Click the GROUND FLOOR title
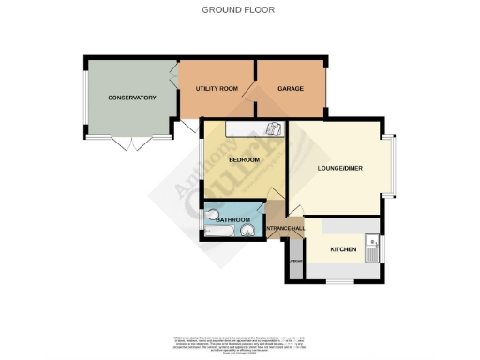pos(239,10)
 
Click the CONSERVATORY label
pos(130,97)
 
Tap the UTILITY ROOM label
pos(216,88)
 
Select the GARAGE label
pos(291,88)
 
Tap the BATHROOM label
pos(232,219)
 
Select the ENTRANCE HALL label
pos(286,229)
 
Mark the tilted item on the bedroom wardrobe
pos(273,130)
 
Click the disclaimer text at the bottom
pos(239,343)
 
